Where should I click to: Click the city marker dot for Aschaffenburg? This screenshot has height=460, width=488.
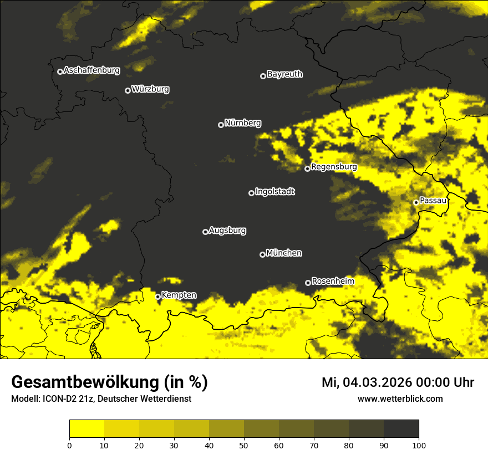click(x=60, y=71)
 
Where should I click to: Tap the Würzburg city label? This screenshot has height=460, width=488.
click(x=150, y=89)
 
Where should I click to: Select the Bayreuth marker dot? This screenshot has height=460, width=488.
click(x=263, y=76)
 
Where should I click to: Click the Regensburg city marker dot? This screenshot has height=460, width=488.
click(x=307, y=168)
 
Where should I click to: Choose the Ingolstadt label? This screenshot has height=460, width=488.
click(x=275, y=192)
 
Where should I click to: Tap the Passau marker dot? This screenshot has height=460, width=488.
click(x=416, y=202)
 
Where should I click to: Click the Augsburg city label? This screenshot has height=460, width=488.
click(x=227, y=231)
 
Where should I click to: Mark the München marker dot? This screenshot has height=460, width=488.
click(x=262, y=255)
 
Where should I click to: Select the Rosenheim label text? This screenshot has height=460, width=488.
click(x=333, y=282)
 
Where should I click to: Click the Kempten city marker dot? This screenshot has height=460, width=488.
click(x=157, y=297)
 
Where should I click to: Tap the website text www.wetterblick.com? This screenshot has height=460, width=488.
click(x=400, y=398)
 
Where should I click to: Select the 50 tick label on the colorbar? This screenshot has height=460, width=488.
click(x=244, y=445)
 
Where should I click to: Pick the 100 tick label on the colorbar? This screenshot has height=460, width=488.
click(x=419, y=445)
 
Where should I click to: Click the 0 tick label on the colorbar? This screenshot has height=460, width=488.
click(x=69, y=445)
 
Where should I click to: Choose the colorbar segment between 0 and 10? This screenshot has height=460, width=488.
click(x=87, y=429)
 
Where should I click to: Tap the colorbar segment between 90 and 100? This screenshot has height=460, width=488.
click(x=401, y=429)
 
